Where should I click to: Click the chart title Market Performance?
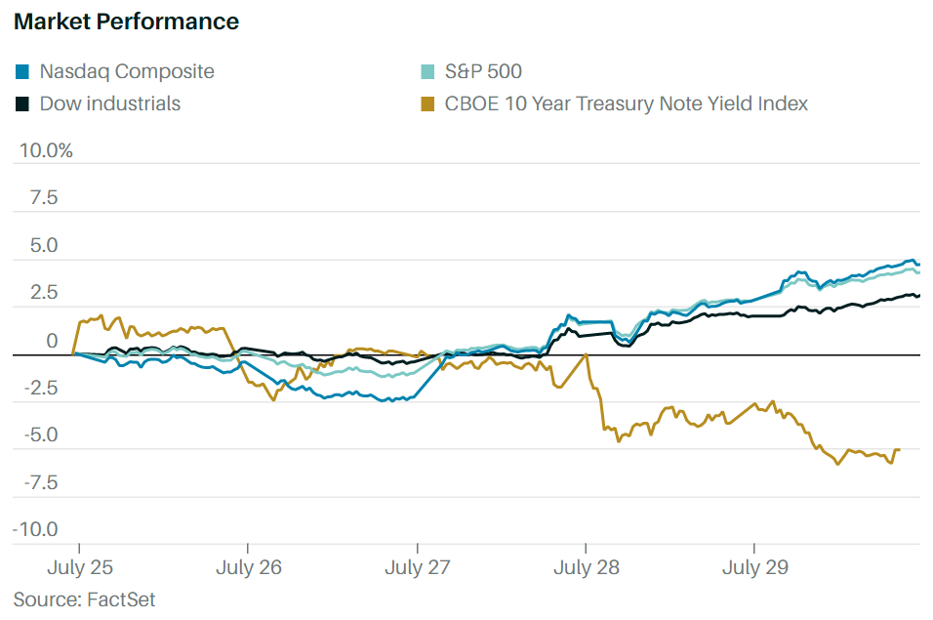pyautogui.click(x=126, y=21)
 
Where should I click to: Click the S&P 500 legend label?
pyautogui.click(x=483, y=71)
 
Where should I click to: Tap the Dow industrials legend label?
pyautogui.click(x=109, y=103)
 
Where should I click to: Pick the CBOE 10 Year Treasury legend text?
pyautogui.click(x=626, y=103)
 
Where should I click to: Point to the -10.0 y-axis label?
pyautogui.click(x=36, y=529)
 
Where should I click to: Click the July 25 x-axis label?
pyautogui.click(x=80, y=567)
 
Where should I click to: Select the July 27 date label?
pyautogui.click(x=418, y=567)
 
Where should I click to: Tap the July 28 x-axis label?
pyautogui.click(x=586, y=567)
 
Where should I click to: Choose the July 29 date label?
pyautogui.click(x=754, y=567)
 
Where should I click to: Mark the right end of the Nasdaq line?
pyautogui.click(x=919, y=264)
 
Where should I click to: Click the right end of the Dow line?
pyautogui.click(x=919, y=295)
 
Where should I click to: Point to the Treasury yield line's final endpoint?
pyautogui.click(x=898, y=450)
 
